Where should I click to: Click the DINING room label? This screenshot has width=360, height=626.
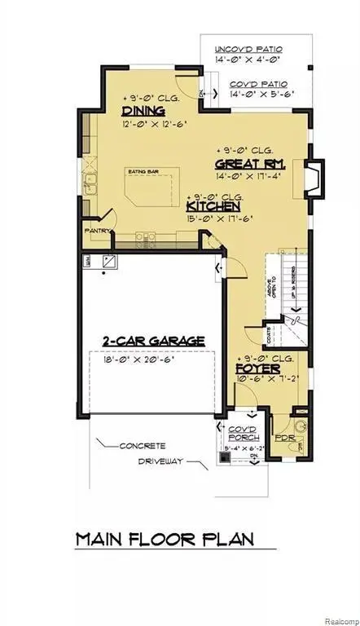pos(143,111)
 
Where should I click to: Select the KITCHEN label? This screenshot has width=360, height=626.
pos(213,208)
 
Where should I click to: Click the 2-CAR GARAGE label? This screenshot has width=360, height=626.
pos(153,341)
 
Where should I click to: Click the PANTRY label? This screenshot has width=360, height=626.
pos(98,231)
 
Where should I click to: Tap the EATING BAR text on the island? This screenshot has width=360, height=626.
pos(141,172)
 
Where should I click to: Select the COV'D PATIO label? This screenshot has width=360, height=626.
pos(258,84)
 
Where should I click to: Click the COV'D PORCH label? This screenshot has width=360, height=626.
pos(243,433)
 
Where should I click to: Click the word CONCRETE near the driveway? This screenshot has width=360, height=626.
pos(143,446)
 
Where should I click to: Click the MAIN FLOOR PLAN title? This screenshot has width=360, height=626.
pos(165,539)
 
